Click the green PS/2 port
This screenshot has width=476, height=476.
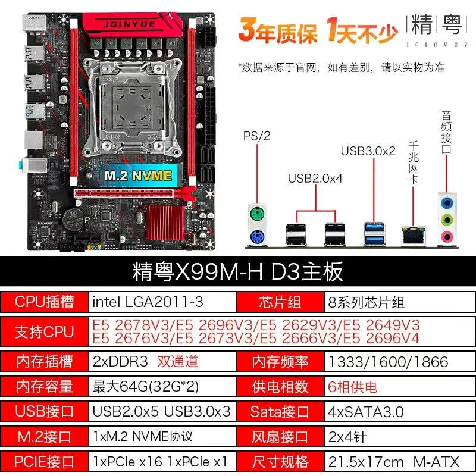[x=257, y=214]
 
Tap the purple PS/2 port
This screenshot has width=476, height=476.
[x=257, y=237]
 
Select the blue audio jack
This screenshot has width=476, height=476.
[x=446, y=202]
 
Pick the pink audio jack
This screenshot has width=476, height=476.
[x=446, y=236]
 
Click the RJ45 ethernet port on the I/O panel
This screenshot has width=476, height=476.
[x=413, y=235]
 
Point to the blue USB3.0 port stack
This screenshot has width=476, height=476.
[x=374, y=234]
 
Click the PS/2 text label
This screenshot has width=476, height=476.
[x=257, y=136]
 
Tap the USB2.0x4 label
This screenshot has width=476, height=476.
[x=315, y=178]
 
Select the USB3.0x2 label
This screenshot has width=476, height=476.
[x=368, y=151]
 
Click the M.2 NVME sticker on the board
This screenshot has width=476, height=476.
[x=138, y=176]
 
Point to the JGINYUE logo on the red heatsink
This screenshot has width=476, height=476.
[x=130, y=24]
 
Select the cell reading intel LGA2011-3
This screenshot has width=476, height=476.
[x=162, y=302]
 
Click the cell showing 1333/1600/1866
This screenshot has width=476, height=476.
[x=400, y=362]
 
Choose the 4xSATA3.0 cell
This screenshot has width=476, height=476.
[x=400, y=412]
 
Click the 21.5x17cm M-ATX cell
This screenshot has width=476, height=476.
[x=400, y=462]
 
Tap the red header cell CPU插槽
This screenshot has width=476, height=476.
[x=44, y=302]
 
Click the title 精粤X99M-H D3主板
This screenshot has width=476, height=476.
[x=237, y=272]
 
